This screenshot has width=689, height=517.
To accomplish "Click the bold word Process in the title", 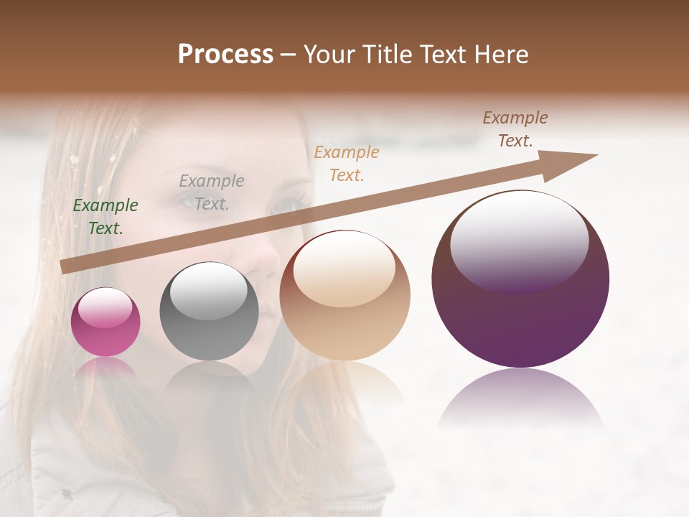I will (225, 55).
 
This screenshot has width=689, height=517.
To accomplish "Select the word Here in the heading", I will (502, 55).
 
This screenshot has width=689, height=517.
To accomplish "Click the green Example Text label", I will (106, 217).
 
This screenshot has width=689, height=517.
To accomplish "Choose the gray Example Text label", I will (212, 192).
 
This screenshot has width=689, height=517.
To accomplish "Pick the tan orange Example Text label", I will (347, 163).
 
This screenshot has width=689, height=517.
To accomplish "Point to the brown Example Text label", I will (515, 129).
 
